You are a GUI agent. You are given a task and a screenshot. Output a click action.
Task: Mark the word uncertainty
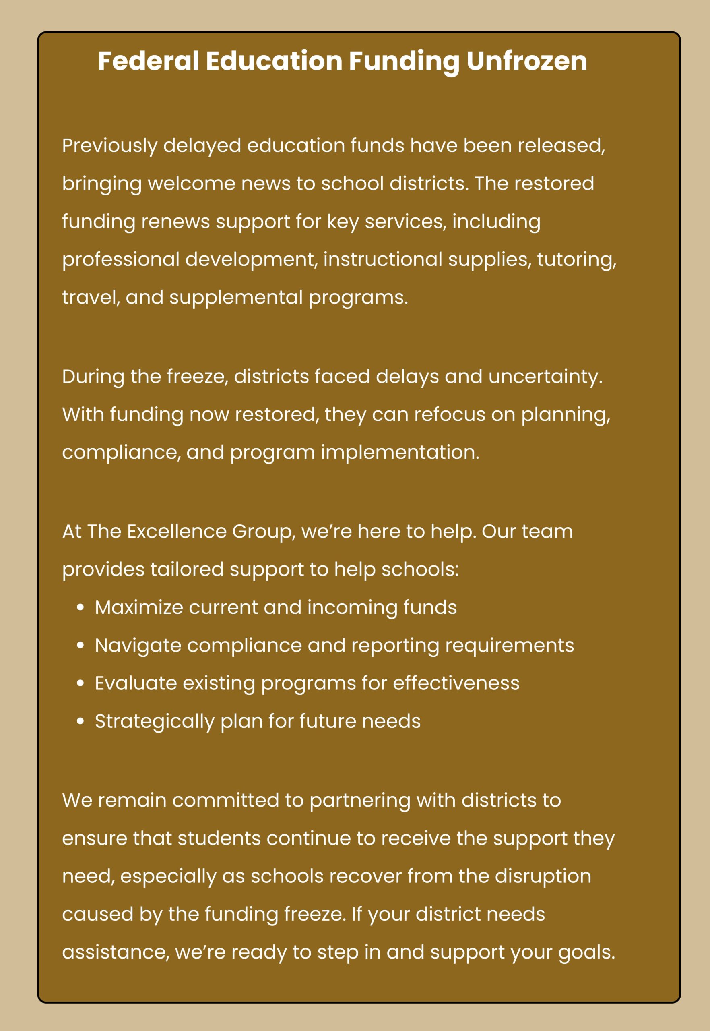[x=545, y=377]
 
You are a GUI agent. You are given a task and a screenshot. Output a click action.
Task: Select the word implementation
[x=400, y=453]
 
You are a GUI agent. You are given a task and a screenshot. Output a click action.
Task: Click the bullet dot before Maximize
[x=80, y=608]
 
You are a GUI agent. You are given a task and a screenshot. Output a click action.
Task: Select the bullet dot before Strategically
[x=80, y=722]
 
